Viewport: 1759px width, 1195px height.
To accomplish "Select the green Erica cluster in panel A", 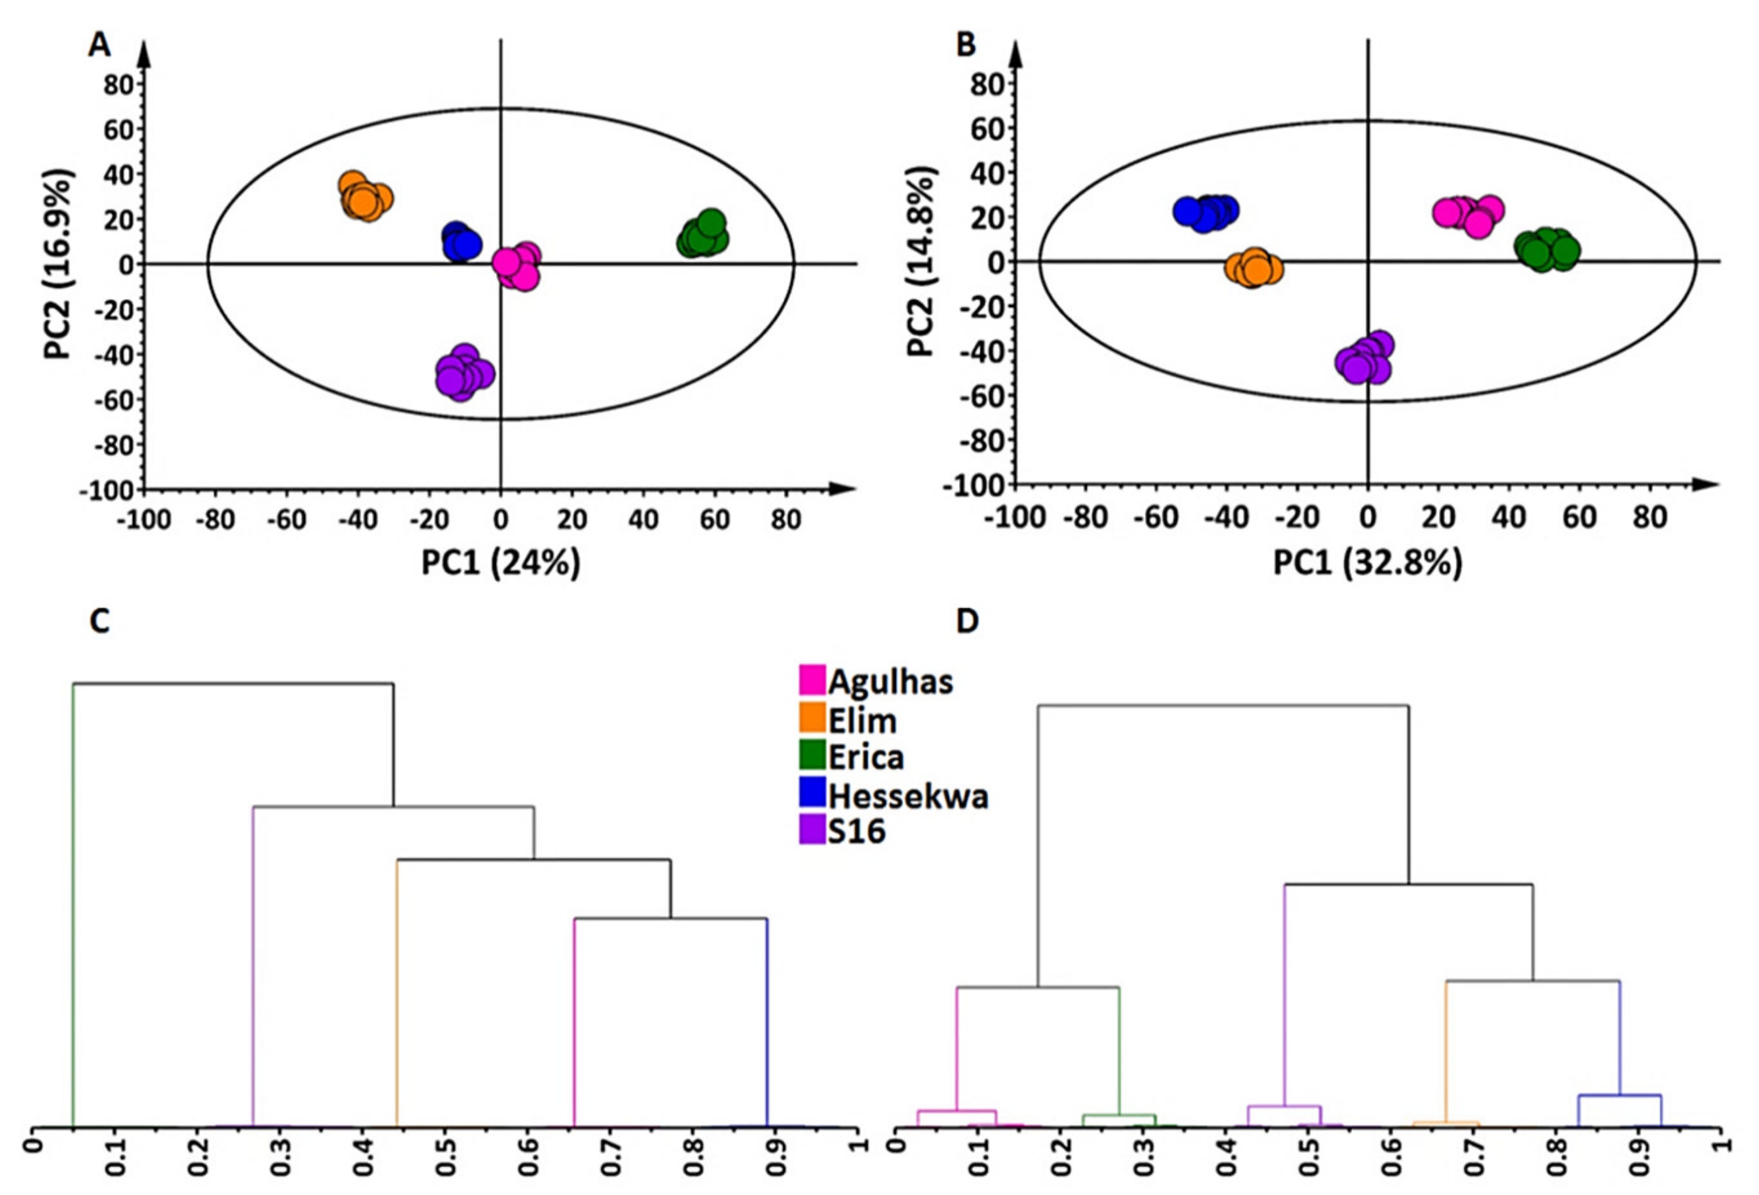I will [x=703, y=236].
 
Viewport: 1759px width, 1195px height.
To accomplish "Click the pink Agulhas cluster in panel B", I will [x=1467, y=215].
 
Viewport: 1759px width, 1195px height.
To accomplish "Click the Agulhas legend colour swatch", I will [x=812, y=680].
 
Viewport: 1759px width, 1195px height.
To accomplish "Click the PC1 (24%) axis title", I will [x=500, y=563].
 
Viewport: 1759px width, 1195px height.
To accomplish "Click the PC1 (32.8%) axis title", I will [x=1367, y=563].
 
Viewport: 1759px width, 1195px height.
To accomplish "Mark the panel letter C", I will [x=99, y=621].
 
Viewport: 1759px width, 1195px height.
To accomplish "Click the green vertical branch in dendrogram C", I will [x=73, y=908].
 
